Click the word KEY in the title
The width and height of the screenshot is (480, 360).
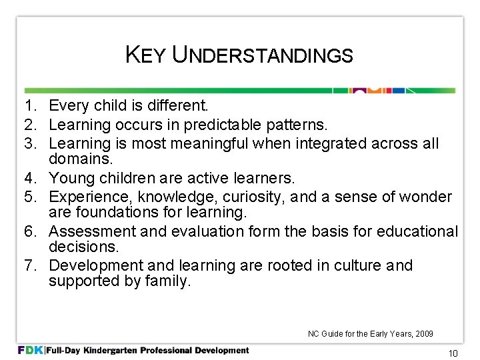(x=145, y=55)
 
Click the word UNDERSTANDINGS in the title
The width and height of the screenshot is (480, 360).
(x=263, y=55)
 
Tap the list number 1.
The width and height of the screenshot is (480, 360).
(x=29, y=105)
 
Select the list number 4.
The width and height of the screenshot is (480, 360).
(x=29, y=178)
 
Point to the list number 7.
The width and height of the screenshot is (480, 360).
(x=29, y=266)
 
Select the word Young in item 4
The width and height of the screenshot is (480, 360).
(x=72, y=178)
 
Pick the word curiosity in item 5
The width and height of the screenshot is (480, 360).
(x=247, y=197)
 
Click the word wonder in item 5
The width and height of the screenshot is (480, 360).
(x=426, y=197)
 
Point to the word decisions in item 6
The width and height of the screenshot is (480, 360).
(x=83, y=247)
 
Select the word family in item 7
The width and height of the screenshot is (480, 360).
(x=169, y=281)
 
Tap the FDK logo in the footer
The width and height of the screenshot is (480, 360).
(x=31, y=350)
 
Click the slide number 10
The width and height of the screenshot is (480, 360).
(x=453, y=354)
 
